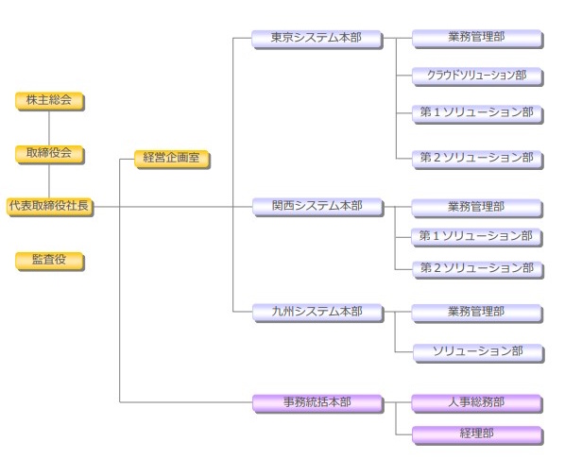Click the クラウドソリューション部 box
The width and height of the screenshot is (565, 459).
coord(476,74)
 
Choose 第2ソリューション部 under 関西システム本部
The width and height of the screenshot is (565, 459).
coord(476,267)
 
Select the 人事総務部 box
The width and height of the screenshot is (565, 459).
coord(476,402)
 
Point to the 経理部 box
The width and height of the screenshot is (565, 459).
coord(476,433)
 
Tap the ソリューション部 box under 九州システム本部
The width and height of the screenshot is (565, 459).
coord(476,351)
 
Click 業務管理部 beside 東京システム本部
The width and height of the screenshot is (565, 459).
coord(476,39)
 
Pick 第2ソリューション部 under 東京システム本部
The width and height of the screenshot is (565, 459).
coord(476,157)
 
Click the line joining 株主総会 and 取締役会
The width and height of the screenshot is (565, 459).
coord(50,127)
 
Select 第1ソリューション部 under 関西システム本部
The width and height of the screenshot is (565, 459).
coord(476,236)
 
